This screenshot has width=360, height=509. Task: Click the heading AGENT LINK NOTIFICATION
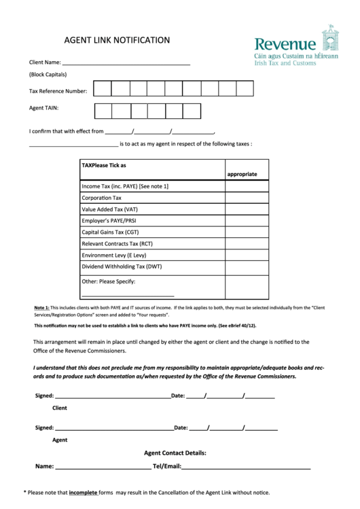point(117,40)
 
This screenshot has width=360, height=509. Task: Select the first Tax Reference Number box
point(102,89)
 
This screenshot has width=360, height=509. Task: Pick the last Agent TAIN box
point(192,111)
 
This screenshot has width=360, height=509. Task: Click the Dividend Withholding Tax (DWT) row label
point(122,267)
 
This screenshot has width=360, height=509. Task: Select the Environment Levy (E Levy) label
point(113,256)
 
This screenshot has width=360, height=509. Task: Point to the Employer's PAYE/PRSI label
point(109,221)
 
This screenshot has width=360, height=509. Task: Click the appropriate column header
point(242,174)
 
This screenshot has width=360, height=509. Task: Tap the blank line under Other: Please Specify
point(128,295)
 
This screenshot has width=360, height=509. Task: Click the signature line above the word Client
point(112,396)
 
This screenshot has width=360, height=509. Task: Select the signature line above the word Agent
point(113,429)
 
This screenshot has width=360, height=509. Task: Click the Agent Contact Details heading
point(175,453)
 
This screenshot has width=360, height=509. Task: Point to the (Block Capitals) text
point(48,75)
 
